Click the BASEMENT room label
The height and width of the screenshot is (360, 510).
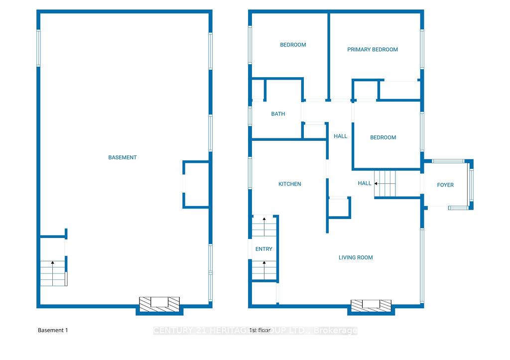[123, 157]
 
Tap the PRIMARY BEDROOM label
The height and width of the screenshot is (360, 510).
[373, 49]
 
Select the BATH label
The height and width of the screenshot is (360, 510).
[278, 114]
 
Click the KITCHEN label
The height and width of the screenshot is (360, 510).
[289, 184]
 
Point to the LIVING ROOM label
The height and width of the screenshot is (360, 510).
[356, 257]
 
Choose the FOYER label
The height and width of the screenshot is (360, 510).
[445, 185]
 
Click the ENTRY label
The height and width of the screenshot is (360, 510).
[264, 249]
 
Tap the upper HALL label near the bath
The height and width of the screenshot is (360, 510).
[341, 136]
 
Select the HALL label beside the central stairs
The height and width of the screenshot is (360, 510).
[365, 183]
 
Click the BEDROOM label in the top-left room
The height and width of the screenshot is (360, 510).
[293, 45]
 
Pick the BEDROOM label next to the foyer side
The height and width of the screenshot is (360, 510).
[383, 137]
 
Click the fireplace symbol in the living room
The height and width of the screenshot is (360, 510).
[371, 305]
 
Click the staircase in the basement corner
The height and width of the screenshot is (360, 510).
[53, 273]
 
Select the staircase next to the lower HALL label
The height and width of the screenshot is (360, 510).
[385, 183]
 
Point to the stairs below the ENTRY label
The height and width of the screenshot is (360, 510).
[264, 270]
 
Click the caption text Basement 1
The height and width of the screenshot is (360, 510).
[52, 330]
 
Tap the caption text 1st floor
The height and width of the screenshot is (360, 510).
[259, 330]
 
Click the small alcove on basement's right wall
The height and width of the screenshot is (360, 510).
[196, 184]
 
